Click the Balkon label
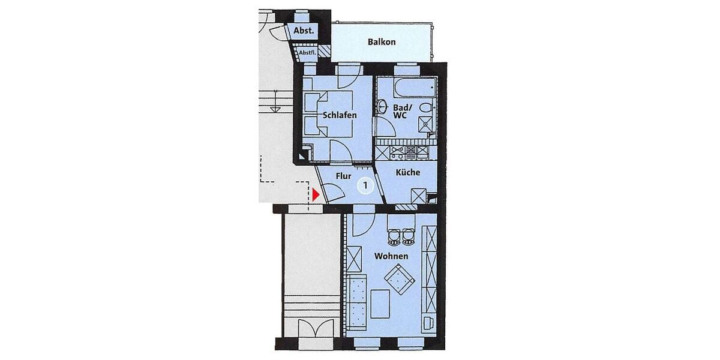coord(381,42)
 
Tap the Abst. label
coord(304,31)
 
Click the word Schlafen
coord(340,115)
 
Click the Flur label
coord(343,176)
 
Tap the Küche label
coord(408,173)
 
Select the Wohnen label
coord(391,256)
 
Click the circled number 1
coord(365,185)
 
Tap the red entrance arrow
coord(316,194)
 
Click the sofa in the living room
coord(358,303)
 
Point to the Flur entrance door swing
coord(334,193)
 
